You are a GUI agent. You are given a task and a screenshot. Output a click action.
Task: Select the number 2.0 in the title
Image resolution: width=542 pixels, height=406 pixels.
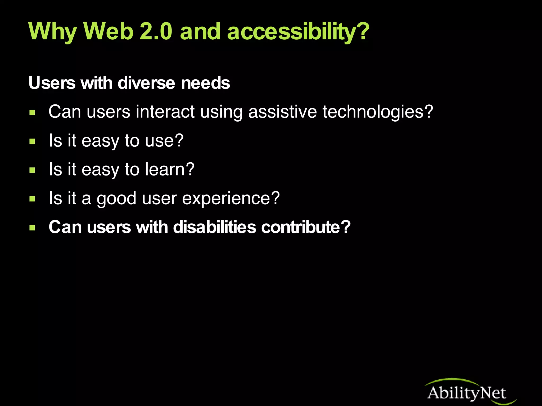click(x=156, y=32)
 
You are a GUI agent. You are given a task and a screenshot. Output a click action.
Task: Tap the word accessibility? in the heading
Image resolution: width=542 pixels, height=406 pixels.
click(x=298, y=32)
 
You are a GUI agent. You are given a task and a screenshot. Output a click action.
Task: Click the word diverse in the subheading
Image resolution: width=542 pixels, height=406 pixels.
click(x=146, y=83)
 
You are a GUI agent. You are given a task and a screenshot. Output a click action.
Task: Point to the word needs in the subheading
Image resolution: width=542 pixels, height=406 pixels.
click(x=206, y=83)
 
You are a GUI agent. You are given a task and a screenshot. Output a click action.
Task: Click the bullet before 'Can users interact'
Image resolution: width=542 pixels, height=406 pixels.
click(x=32, y=113)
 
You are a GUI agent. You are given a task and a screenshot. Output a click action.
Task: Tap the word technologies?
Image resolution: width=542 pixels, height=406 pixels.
click(x=378, y=112)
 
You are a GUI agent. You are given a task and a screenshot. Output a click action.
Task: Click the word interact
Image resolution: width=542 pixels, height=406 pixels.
click(x=165, y=112)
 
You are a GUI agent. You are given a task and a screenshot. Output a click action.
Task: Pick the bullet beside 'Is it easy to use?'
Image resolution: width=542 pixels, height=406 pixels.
click(x=32, y=142)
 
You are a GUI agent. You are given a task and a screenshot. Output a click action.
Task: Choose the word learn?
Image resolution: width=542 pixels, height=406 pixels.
click(x=170, y=169)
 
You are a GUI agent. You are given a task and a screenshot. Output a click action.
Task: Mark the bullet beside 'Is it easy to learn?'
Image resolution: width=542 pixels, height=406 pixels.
click(x=32, y=170)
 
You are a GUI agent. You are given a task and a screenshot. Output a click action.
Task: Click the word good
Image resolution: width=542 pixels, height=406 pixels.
click(x=116, y=199)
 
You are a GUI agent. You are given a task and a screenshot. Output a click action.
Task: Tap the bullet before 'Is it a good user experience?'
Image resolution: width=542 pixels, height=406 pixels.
click(x=32, y=199)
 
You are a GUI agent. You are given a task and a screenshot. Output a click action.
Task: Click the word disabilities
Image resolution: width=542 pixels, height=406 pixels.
click(x=215, y=227)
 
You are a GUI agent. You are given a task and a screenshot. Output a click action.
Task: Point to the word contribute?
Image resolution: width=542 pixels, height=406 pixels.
click(x=306, y=227)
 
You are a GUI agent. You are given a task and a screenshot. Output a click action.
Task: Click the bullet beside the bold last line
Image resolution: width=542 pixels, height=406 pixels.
click(x=32, y=228)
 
